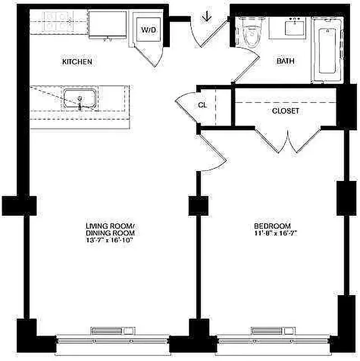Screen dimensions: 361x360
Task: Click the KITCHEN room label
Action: pos(77,61)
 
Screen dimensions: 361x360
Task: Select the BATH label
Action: pos(285,60)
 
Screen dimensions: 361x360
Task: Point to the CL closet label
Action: pos(202,105)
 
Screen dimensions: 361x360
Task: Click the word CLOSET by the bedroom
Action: pos(285,111)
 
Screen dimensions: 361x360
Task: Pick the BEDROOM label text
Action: pos(272,226)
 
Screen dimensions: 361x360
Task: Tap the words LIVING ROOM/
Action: pos(111,226)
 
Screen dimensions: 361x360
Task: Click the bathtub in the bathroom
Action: pos(328,51)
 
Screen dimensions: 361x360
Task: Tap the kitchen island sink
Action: pos(79,99)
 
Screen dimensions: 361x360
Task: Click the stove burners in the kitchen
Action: pos(58,20)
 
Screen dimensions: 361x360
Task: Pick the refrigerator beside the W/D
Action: pos(107,25)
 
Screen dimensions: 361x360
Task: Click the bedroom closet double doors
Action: pos(288,140)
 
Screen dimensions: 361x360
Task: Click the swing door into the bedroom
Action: pos(212,151)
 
